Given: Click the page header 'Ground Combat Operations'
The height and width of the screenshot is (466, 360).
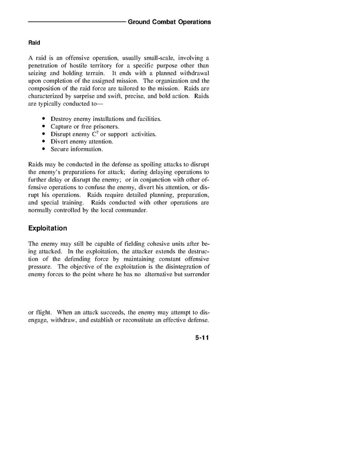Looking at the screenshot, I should click(x=169, y=22).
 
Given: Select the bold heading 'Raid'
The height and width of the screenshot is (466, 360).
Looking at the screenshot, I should click(x=34, y=43).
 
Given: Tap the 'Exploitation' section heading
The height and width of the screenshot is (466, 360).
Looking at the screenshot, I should click(x=48, y=228).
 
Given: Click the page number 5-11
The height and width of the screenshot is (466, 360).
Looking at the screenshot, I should click(x=203, y=337).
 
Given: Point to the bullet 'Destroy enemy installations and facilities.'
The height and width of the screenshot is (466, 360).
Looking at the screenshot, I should click(x=106, y=119).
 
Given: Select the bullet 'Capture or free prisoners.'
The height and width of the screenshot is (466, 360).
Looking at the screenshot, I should click(x=84, y=126).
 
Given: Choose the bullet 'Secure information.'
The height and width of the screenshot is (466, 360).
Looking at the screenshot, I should click(x=77, y=149).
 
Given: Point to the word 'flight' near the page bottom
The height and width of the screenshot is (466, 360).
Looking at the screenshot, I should click(x=44, y=313).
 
